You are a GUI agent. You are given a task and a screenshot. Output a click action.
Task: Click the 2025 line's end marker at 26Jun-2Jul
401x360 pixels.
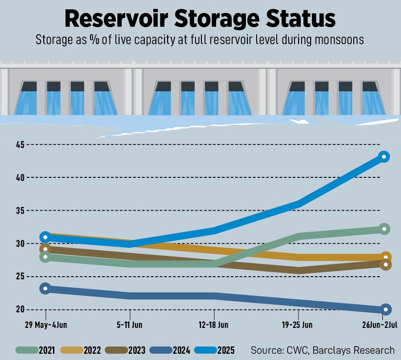(384, 156)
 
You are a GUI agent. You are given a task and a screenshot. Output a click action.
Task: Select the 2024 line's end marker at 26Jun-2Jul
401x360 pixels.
(386, 309)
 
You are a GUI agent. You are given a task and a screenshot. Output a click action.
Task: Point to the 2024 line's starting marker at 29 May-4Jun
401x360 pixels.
(45, 288)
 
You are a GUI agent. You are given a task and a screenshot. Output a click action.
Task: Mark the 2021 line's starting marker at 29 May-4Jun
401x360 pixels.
(45, 257)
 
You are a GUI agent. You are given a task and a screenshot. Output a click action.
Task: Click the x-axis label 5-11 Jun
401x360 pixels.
(130, 325)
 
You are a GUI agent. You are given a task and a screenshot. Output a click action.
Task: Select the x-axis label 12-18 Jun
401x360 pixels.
(214, 325)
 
